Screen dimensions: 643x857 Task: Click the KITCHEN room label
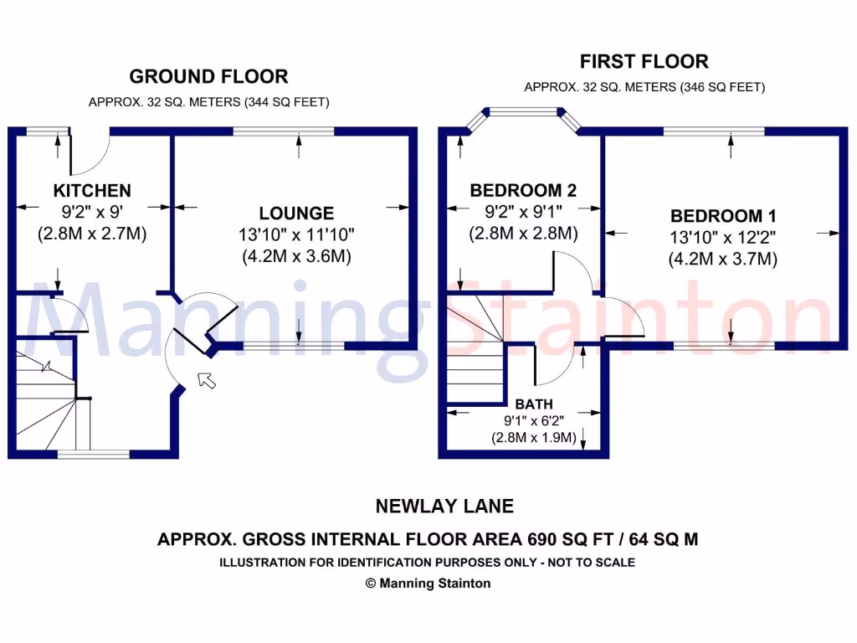click(92, 191)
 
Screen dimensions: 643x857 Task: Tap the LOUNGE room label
click(296, 213)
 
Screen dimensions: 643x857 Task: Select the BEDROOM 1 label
click(717, 216)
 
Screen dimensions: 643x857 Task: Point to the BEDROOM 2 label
click(523, 191)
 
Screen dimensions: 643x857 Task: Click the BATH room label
click(534, 404)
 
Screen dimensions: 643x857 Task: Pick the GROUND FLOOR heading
click(208, 77)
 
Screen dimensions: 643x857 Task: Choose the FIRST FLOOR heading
click(644, 61)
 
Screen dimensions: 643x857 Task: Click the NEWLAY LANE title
click(444, 506)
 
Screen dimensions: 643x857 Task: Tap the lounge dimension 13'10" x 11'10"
click(296, 235)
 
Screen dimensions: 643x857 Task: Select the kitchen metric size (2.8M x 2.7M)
click(92, 234)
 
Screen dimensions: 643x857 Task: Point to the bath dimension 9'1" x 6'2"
click(534, 420)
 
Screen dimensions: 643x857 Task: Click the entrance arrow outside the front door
click(206, 380)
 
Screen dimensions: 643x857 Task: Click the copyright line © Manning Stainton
click(428, 584)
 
